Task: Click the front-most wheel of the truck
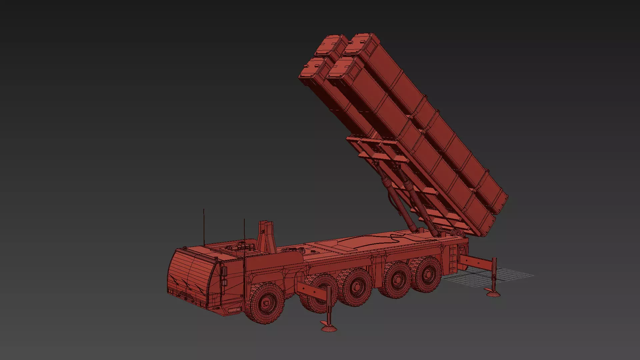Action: tap(266, 303)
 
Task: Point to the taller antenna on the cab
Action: tap(204, 227)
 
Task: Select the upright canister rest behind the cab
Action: tap(266, 237)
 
